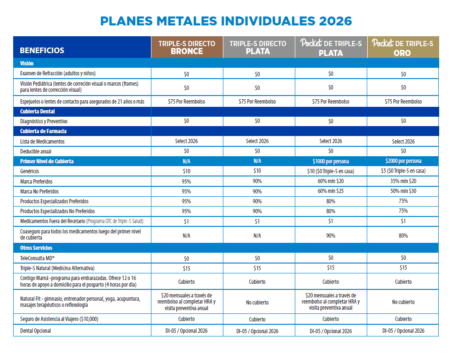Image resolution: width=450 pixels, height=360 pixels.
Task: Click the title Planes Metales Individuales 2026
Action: (x=226, y=21)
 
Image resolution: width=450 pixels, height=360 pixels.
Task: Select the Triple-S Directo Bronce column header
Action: (x=187, y=48)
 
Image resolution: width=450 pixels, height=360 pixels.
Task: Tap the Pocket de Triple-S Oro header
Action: (x=403, y=48)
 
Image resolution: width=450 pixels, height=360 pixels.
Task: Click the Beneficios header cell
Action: (x=42, y=50)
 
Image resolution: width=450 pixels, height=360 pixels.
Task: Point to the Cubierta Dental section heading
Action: (x=38, y=112)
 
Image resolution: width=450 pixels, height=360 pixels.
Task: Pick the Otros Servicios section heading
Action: (x=36, y=248)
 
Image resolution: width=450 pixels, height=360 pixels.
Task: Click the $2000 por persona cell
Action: (x=403, y=161)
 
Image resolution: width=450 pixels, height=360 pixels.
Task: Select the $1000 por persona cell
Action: (x=331, y=161)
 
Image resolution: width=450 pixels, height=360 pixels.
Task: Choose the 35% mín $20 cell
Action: (x=403, y=181)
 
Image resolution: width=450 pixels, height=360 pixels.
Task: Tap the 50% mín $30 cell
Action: (x=403, y=191)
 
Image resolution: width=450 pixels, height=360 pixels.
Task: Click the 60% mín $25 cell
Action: (x=331, y=191)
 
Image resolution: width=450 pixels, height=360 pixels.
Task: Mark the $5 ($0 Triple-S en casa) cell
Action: (x=403, y=171)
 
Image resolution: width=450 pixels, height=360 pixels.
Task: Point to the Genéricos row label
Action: (x=30, y=171)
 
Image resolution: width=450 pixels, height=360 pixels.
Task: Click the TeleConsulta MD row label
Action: (x=38, y=258)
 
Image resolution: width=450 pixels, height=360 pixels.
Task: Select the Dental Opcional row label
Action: (x=36, y=331)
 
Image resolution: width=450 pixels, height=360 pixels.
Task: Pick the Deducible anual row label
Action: (x=36, y=152)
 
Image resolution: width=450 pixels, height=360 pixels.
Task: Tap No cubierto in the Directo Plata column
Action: (x=257, y=302)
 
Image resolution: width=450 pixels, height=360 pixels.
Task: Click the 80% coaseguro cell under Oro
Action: (x=403, y=235)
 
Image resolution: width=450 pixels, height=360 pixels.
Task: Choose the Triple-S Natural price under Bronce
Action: (x=187, y=268)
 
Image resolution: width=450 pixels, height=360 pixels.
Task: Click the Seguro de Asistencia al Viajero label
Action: (x=59, y=320)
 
